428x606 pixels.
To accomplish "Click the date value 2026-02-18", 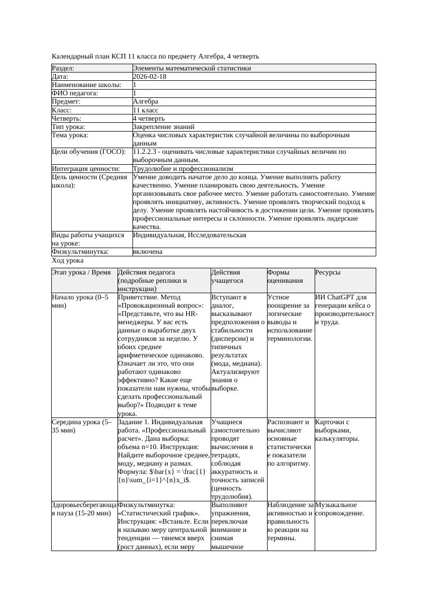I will tap(150, 76).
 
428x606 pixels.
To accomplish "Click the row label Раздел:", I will tap(63, 68).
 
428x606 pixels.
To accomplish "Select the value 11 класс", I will tap(145, 110).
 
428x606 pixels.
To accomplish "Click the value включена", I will tap(147, 252).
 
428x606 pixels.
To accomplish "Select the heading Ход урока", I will tap(67, 261).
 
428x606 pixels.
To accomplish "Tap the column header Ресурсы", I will tap(328, 272).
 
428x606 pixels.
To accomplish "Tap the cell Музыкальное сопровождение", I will tap(339, 509).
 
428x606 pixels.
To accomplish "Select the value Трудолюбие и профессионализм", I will tap(183, 168).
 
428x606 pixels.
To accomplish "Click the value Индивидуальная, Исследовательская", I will tap(189, 235).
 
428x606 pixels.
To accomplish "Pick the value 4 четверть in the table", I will tap(149, 118).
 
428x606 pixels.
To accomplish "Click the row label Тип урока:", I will tap(68, 126).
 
